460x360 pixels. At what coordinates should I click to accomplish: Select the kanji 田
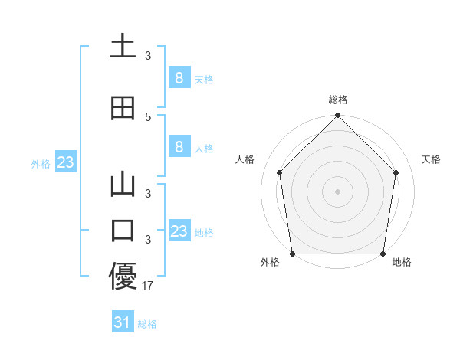tap(123, 109)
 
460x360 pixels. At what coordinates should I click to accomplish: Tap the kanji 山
tap(123, 186)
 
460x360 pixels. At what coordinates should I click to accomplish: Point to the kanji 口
tap(123, 230)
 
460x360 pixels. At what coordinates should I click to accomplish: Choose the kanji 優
tap(123, 277)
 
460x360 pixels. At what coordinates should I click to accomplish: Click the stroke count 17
tap(149, 286)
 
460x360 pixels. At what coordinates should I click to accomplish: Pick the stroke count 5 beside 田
tap(148, 116)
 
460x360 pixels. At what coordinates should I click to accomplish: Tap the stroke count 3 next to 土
tap(148, 55)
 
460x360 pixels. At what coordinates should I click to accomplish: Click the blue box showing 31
tap(122, 322)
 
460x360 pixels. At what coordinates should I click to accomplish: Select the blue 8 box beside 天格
tap(179, 77)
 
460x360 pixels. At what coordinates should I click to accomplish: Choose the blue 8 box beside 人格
tap(179, 147)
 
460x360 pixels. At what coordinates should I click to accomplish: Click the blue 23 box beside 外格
tap(65, 162)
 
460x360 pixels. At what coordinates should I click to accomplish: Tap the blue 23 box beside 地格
tap(179, 231)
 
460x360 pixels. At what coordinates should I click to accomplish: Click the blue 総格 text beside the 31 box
tap(147, 324)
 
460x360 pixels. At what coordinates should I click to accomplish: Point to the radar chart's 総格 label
tap(338, 100)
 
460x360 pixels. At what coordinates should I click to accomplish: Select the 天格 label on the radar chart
tap(432, 159)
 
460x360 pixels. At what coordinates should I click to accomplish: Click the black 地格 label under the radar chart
tap(402, 262)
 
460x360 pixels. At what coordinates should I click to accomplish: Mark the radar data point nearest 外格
tap(292, 254)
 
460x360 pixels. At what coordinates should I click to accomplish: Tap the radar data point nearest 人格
tap(279, 172)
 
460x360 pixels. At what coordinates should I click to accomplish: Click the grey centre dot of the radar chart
tap(338, 191)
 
